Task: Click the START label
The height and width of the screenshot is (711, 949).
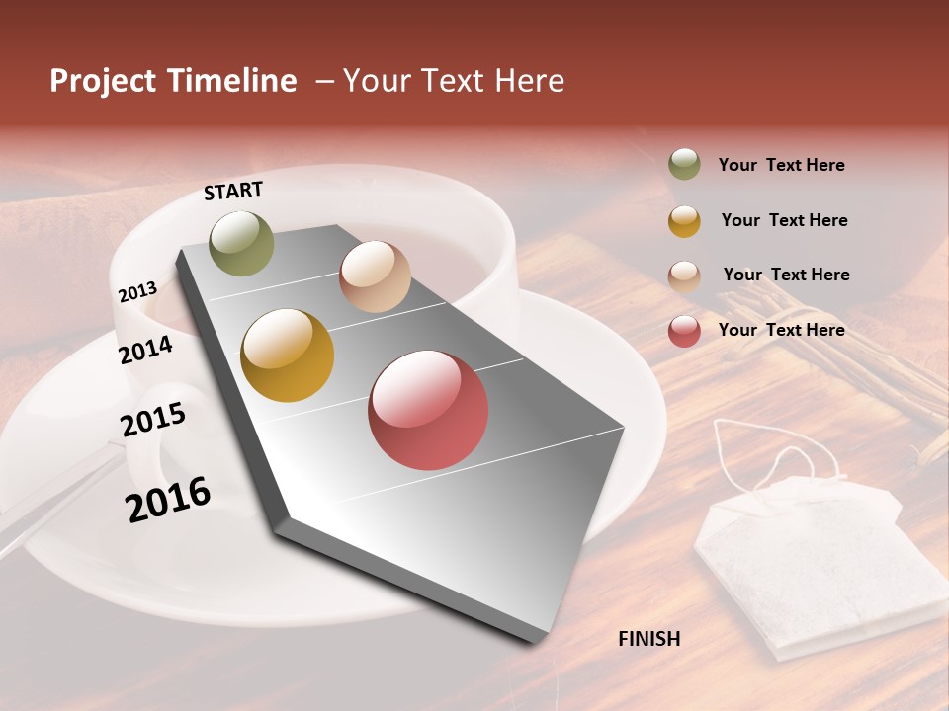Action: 233,191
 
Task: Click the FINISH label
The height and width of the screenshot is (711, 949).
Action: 648,639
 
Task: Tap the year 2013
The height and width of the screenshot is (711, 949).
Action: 137,292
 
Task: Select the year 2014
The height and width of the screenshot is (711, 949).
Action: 145,350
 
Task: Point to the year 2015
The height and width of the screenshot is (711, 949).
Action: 153,420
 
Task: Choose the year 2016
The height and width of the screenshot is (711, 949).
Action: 168,499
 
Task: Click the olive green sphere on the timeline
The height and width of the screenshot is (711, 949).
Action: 241,243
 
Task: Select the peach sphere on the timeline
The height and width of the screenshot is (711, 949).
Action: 375,276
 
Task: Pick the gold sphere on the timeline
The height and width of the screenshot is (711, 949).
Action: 288,355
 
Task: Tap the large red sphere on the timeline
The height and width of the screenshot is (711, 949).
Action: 428,410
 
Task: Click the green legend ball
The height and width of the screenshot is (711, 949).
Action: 684,164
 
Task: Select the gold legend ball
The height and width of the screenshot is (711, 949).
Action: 684,220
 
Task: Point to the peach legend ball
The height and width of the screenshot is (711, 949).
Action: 684,276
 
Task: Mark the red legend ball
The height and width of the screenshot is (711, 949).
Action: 684,331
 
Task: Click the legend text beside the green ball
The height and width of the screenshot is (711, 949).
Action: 781,165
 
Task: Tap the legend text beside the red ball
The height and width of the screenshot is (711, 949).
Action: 781,330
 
